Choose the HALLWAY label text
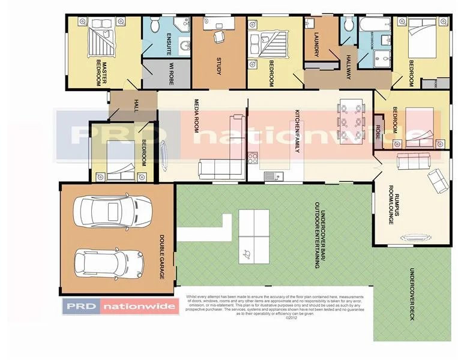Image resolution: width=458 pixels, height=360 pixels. tap(348, 67)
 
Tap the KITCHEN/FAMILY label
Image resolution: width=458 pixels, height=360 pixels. tap(297, 131)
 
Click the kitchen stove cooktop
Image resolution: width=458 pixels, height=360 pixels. tap(253, 159)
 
